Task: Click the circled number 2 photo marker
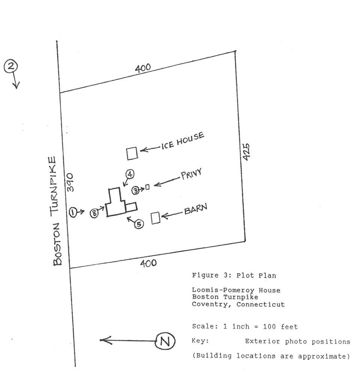(11, 67)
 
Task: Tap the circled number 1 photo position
(73, 212)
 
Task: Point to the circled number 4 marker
(129, 174)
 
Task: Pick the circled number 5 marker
(139, 224)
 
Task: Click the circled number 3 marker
(136, 191)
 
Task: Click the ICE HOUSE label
(183, 140)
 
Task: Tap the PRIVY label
(192, 174)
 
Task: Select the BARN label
(195, 209)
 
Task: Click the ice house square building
(132, 153)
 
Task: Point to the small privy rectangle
(147, 186)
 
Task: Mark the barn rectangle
(156, 218)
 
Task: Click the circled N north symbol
(165, 341)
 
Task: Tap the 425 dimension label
(246, 152)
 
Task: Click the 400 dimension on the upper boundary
(143, 68)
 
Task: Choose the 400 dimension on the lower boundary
(148, 263)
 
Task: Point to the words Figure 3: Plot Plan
(234, 275)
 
